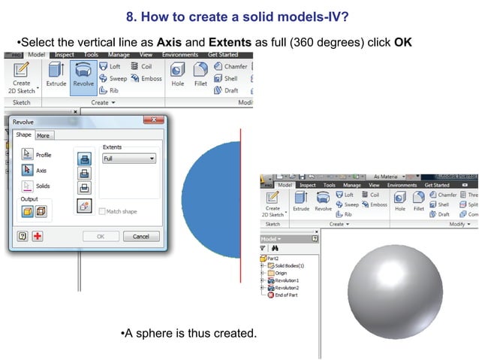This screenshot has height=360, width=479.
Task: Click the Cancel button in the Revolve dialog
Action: pyautogui.click(x=141, y=236)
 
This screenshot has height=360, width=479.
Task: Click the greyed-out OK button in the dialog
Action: pyautogui.click(x=100, y=236)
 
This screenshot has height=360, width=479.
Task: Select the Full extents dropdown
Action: pyautogui.click(x=129, y=159)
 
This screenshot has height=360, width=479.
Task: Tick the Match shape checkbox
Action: pyautogui.click(x=103, y=212)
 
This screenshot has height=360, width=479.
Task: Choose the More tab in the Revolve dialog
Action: pyautogui.click(x=44, y=135)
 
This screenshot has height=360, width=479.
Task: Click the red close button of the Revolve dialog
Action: pyautogui.click(x=156, y=120)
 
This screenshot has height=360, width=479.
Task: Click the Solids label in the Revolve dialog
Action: pyautogui.click(x=43, y=186)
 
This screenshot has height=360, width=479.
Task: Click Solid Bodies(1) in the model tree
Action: pyautogui.click(x=290, y=265)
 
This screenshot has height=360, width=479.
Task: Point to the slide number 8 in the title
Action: pyautogui.click(x=131, y=16)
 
